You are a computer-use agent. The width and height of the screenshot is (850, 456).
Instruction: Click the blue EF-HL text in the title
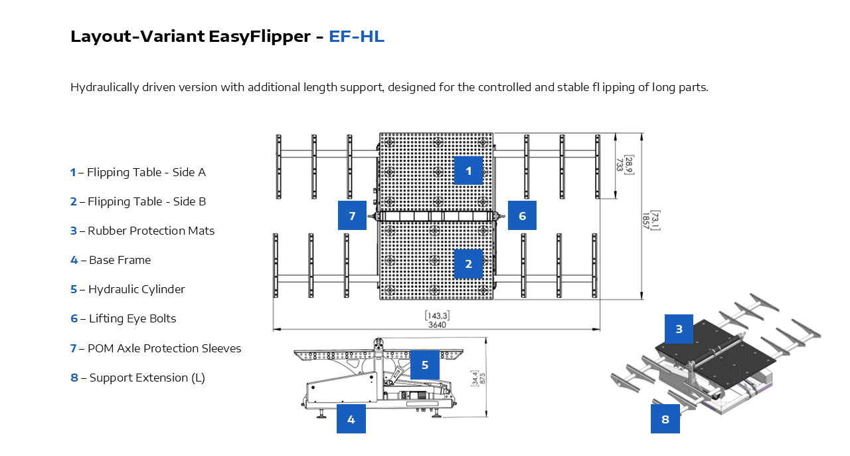coord(356,37)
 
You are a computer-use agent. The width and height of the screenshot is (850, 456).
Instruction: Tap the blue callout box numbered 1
coord(468,171)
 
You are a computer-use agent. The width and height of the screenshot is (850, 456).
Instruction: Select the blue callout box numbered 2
coord(468,264)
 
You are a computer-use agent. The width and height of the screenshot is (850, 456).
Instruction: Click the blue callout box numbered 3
coord(679,329)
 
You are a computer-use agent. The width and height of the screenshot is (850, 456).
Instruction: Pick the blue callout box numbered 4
coord(351,419)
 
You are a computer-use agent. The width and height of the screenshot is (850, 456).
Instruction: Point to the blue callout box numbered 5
coord(424,365)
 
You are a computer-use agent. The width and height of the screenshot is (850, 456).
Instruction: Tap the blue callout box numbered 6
coord(522,215)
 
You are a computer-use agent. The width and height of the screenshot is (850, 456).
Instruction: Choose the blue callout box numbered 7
coord(352,215)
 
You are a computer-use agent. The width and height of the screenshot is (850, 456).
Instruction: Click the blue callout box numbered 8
coord(665,419)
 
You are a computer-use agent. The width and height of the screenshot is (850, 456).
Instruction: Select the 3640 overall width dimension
coord(437,325)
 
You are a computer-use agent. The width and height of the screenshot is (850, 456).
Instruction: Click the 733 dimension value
coord(619,165)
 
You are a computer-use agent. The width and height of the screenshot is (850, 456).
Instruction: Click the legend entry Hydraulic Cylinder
coord(136,289)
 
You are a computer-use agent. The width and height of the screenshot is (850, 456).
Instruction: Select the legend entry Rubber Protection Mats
coord(151,231)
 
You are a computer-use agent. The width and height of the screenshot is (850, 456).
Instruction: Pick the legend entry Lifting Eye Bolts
coord(132,318)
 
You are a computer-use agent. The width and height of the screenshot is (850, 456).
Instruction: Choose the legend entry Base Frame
coord(120,260)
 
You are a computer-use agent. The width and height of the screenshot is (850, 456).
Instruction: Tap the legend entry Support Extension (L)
coord(147,378)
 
